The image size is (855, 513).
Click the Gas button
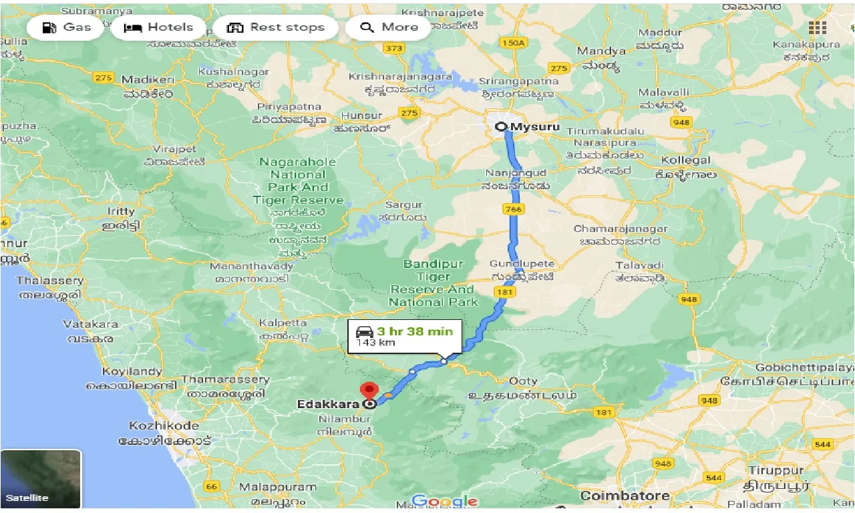coord(65,27)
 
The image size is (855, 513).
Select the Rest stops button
coord(276,27)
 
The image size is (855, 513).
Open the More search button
coord(389,27)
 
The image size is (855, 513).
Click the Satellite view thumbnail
coord(41,478)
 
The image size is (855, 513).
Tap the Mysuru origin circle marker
coord(500,126)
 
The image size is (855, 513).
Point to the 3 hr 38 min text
coord(414,331)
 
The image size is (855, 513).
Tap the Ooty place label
coord(523,381)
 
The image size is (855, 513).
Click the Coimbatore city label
coord(625,496)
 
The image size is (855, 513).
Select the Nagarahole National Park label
coord(298,181)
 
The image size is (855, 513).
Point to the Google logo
coord(444,500)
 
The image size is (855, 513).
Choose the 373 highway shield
coord(395,48)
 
